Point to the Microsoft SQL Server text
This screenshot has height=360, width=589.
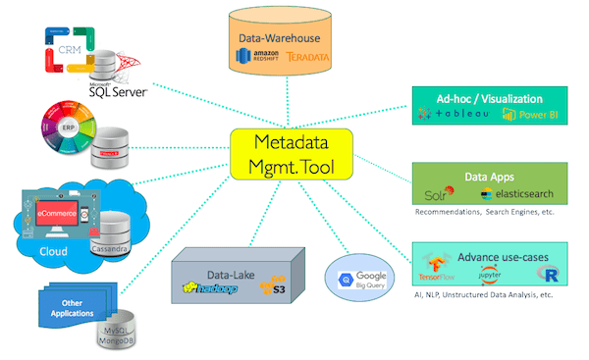[117, 91]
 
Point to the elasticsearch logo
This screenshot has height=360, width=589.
[517, 193]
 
